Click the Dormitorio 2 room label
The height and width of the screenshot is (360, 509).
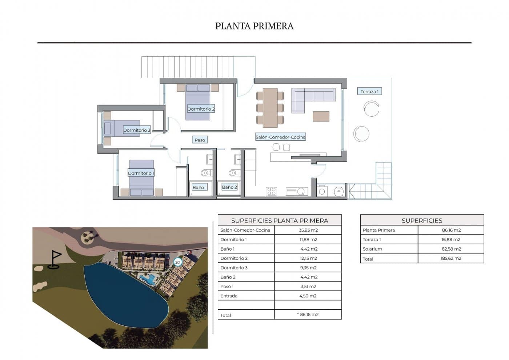[201, 109]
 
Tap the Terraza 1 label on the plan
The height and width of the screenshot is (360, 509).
[369, 92]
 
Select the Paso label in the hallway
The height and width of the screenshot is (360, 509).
[200, 140]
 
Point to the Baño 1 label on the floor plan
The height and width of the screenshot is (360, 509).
[200, 188]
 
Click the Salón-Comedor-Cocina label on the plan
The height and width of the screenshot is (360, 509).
[280, 137]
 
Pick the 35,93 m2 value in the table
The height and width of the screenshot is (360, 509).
[308, 230]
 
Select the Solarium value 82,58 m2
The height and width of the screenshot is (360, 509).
[451, 249]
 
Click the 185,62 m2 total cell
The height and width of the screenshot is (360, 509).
[451, 259]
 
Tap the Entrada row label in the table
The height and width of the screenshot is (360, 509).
[229, 296]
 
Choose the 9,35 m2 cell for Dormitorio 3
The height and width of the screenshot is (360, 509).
[308, 268]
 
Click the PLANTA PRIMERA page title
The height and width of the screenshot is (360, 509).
[254, 26]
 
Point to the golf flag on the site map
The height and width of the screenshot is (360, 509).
[55, 260]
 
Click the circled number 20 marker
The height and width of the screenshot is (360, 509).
[177, 262]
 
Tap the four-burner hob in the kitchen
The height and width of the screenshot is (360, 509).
[271, 191]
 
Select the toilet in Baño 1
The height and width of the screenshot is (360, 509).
[206, 173]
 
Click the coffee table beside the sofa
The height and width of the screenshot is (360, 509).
[321, 116]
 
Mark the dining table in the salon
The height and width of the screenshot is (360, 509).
[270, 108]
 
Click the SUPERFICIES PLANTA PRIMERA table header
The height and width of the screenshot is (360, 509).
[280, 221]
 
